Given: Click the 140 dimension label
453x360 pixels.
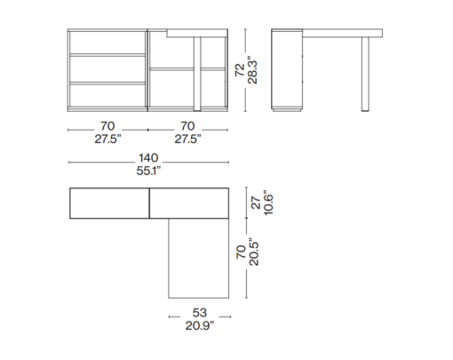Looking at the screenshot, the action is click(x=148, y=158).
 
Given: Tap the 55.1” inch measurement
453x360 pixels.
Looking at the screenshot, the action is click(x=148, y=171).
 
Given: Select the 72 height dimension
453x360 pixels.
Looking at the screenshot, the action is click(x=240, y=70).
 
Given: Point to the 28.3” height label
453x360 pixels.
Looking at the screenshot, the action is click(x=252, y=70).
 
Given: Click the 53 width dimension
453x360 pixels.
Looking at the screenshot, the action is click(x=200, y=313).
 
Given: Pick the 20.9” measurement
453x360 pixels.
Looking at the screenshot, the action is click(x=200, y=325).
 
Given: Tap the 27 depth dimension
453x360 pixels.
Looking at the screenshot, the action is click(x=256, y=203).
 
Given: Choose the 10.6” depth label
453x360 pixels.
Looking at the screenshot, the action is click(x=268, y=203).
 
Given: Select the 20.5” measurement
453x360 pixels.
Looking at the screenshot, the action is click(x=254, y=252).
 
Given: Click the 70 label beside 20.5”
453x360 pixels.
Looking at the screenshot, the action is click(x=242, y=252).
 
